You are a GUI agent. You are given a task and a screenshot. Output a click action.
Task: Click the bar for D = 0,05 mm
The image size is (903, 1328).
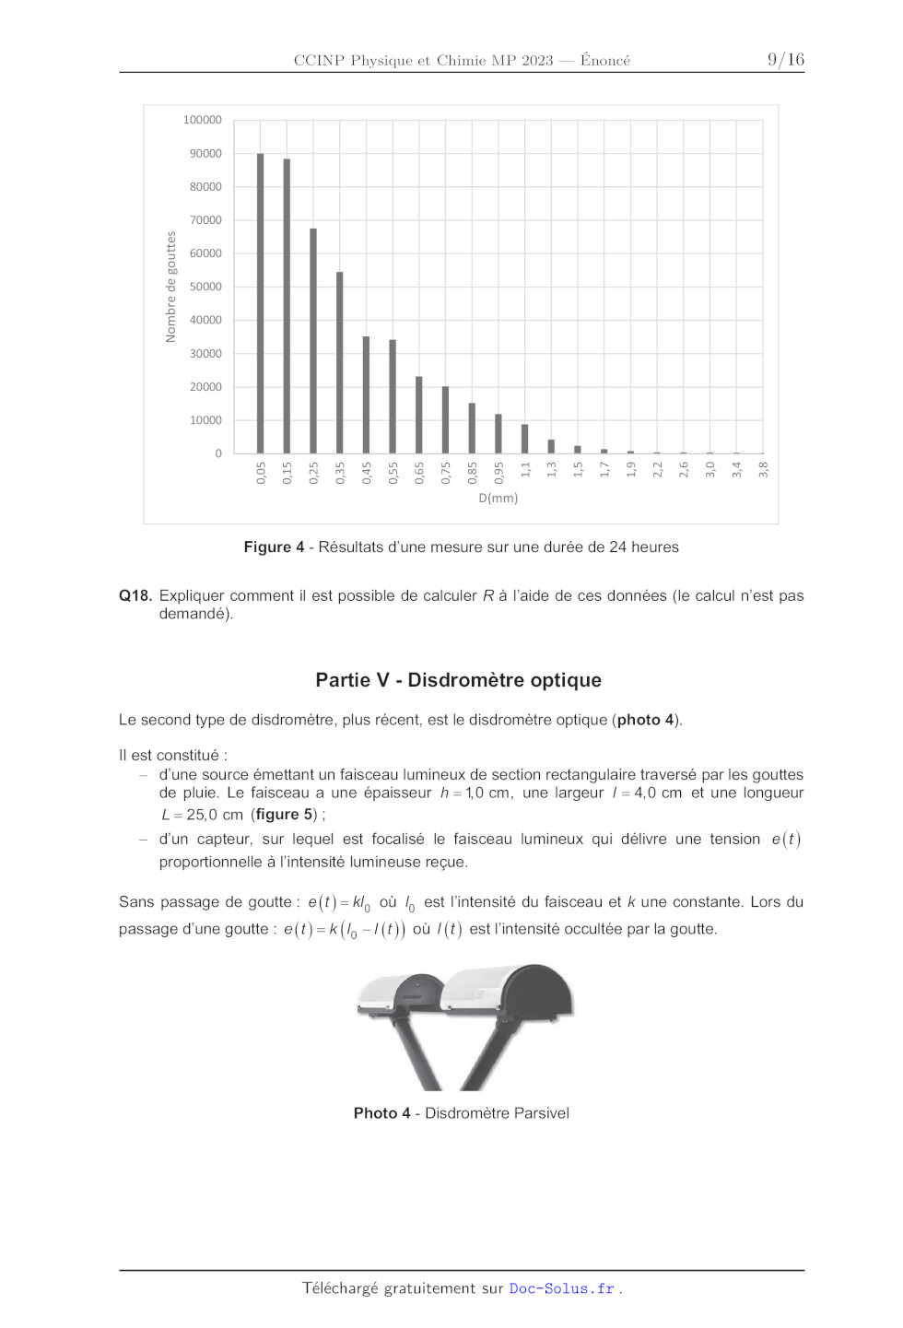260,303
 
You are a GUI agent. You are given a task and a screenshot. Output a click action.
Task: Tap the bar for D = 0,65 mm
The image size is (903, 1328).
418,415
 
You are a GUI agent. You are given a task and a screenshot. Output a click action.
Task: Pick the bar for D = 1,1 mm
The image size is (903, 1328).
524,439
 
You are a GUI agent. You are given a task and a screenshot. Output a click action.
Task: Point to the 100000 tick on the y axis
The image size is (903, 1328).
202,120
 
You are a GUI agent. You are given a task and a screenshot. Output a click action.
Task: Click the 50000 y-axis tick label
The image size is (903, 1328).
205,287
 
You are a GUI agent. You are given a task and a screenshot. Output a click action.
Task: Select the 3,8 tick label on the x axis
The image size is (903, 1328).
763,470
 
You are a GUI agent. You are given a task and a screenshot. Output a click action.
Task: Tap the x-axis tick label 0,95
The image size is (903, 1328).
498,473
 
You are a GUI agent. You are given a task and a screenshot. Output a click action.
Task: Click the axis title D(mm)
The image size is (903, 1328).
498,499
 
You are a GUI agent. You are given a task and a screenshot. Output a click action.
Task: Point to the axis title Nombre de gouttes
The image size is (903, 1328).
170,287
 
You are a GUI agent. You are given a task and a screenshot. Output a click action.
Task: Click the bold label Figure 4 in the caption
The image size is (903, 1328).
274,547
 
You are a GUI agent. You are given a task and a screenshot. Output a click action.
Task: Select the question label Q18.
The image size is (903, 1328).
135,596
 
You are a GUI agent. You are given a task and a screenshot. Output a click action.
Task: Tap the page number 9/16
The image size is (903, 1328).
785,60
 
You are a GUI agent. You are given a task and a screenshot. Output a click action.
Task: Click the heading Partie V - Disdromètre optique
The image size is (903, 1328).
458,680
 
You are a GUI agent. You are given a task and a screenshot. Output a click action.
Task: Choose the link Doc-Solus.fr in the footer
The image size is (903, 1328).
561,1288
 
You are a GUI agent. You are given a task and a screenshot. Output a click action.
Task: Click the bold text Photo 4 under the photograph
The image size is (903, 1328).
381,1113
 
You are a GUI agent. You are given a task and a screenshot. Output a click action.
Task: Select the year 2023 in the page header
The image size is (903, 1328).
536,61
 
